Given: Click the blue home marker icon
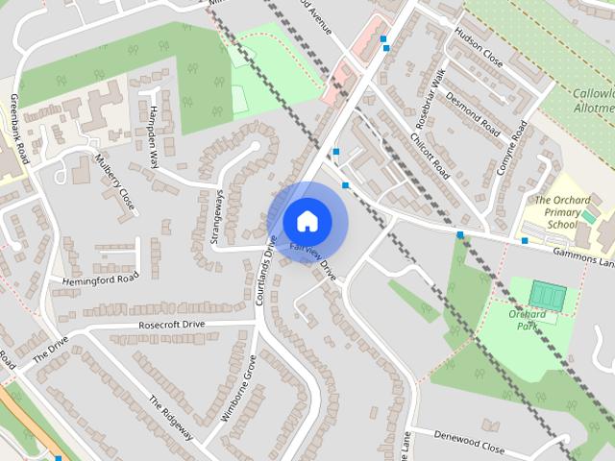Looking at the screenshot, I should point(306,221).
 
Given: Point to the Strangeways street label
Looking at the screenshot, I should point(216,217).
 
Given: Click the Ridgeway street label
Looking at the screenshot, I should point(171,419).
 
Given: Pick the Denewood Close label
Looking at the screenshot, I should point(468,447).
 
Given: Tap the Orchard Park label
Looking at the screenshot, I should point(528,320).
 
